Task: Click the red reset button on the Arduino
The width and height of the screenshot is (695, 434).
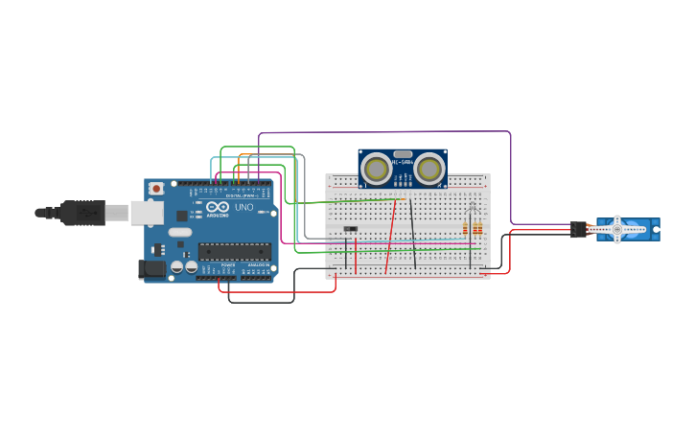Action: tap(156, 189)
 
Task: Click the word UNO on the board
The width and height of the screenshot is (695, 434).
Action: tap(243, 207)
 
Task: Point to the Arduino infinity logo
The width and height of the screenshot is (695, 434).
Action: tap(218, 207)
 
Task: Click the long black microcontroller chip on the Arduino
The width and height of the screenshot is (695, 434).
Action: tap(235, 252)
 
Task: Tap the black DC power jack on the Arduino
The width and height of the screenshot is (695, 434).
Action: tap(151, 269)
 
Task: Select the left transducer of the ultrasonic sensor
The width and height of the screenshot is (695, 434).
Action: tap(377, 170)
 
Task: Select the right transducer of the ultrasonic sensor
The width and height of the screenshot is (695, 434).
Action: tap(429, 170)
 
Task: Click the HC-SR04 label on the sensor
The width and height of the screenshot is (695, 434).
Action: tap(403, 162)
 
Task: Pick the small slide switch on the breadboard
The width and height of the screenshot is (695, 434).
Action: tap(350, 228)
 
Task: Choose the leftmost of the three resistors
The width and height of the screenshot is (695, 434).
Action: tap(465, 228)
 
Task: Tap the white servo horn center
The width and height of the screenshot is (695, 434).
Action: tap(617, 229)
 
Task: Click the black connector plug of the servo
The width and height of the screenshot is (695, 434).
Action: tap(578, 229)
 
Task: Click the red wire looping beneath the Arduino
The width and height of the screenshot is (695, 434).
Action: tap(278, 291)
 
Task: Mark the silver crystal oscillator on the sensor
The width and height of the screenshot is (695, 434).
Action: tap(403, 153)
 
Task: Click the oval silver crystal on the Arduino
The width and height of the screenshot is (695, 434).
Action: tap(180, 232)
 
